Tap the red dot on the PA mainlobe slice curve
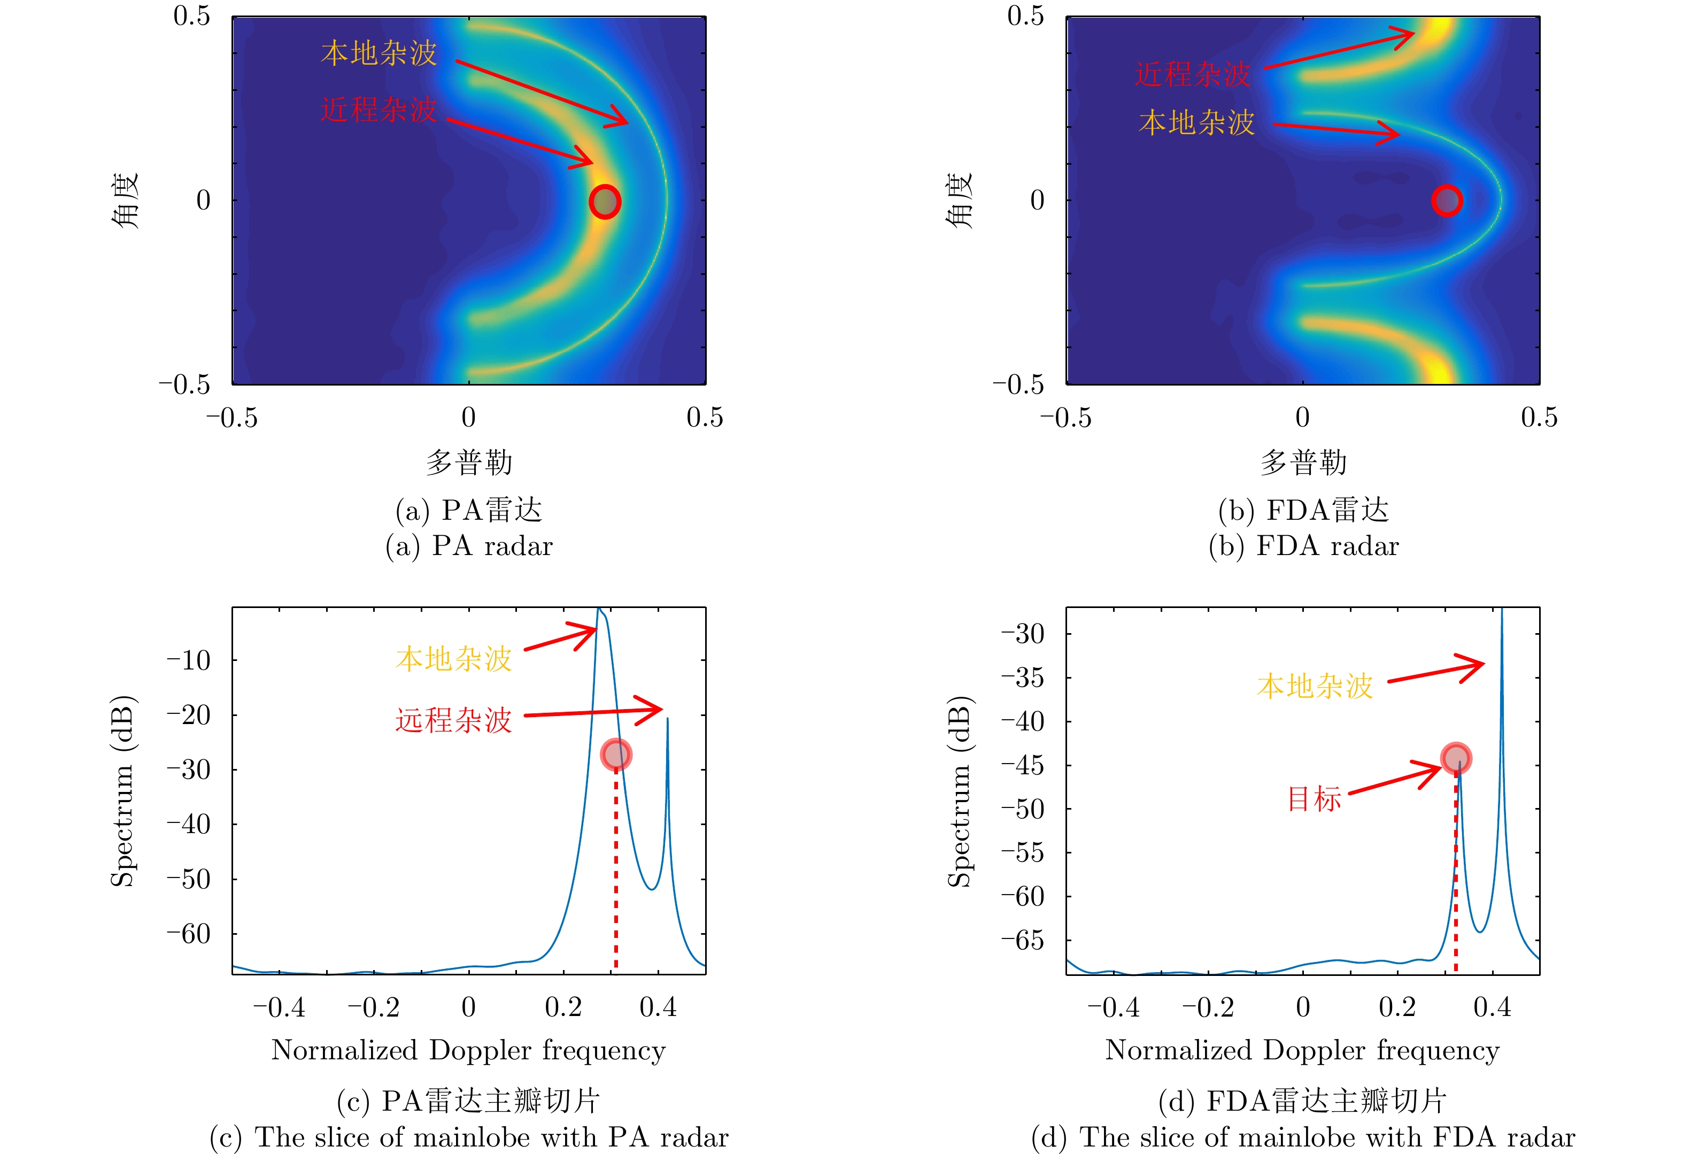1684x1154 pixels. (x=616, y=755)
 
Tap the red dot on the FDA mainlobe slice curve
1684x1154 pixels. (x=1456, y=758)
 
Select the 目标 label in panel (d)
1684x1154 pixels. (x=1314, y=799)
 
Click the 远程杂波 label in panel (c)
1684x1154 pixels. (x=453, y=720)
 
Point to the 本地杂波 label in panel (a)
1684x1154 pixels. (x=379, y=53)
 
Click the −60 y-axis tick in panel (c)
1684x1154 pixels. (x=188, y=934)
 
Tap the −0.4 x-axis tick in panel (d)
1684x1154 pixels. (x=1113, y=1007)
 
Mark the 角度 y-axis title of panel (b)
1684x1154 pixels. (x=960, y=201)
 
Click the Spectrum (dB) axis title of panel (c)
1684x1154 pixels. (x=122, y=791)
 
